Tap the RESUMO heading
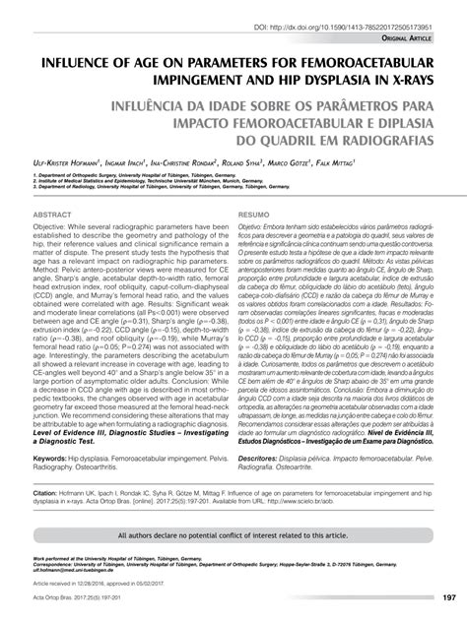(x=254, y=240)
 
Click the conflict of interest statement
(x=233, y=536)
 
